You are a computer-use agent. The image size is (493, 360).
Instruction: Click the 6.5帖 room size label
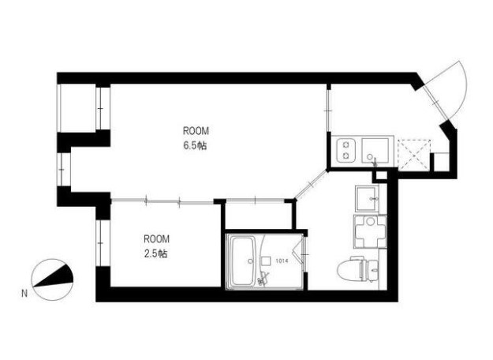coord(196,146)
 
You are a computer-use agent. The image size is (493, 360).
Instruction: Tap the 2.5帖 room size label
coord(155,253)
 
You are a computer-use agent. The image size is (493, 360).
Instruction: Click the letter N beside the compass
coord(24,293)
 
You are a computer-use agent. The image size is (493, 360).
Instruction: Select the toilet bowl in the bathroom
coord(349,270)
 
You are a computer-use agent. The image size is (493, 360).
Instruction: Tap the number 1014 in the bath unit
coord(282,261)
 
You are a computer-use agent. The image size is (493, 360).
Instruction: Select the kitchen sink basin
coord(375,150)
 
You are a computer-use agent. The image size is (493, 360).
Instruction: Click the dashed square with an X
coord(414,155)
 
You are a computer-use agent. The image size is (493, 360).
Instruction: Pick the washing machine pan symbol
coord(371,231)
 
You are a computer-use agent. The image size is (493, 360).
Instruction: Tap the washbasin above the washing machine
coord(367,199)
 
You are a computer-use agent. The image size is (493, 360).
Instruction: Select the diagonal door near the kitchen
coord(312,185)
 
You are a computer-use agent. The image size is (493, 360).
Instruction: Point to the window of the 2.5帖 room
coord(100,243)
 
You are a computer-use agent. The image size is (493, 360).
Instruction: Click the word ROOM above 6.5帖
coord(196,131)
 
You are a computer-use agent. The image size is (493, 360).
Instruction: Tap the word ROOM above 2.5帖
coord(157,239)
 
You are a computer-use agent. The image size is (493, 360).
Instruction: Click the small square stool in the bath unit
coord(266,261)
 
